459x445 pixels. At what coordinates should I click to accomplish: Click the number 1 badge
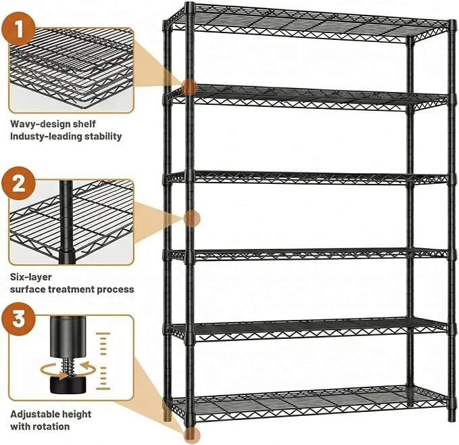[x=19, y=28]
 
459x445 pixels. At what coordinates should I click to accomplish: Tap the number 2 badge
[x=19, y=183]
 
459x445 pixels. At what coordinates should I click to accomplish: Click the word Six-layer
[x=31, y=277]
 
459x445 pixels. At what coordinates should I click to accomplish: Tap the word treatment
[x=71, y=289]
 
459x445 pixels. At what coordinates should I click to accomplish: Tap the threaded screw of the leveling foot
[x=68, y=367]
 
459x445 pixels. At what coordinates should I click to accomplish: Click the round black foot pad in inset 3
[x=68, y=385]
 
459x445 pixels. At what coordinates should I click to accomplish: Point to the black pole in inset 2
[x=67, y=222]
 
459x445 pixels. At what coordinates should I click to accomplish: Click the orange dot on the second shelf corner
[x=189, y=87]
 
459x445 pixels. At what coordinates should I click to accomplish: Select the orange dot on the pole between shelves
[x=192, y=218]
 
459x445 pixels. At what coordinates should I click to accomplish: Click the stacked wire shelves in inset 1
[x=71, y=68]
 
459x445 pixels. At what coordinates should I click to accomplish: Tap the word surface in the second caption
[x=28, y=289]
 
